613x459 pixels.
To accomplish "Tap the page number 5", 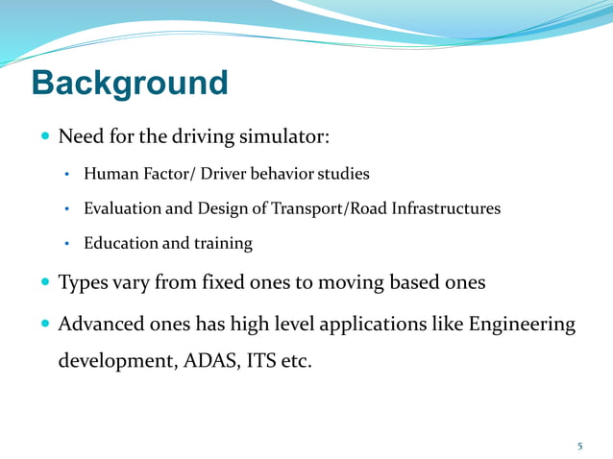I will pos(579,446).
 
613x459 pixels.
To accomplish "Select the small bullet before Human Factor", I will pos(67,176).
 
